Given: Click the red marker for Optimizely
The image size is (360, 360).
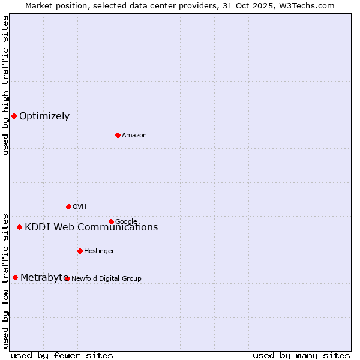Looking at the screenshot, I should click(14, 116).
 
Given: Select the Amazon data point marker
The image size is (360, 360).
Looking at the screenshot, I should click(118, 135).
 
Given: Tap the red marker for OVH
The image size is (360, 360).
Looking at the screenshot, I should click(68, 206).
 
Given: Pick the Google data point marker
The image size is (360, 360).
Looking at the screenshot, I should click(111, 221).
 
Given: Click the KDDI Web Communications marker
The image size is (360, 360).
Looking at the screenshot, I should click(19, 227).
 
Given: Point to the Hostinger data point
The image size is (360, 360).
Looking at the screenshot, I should click(80, 251).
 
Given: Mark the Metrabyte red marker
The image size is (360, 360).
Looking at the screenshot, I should click(15, 277).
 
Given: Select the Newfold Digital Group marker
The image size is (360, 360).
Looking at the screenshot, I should click(67, 278).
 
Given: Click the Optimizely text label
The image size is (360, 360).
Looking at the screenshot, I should click(44, 116).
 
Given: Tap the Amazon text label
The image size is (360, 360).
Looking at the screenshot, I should click(134, 135).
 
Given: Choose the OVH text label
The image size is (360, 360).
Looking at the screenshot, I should click(79, 206).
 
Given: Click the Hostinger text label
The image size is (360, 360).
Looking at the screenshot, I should click(99, 251).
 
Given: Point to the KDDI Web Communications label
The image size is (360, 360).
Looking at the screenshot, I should click(91, 227).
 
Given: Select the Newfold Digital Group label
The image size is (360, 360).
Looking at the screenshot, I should click(106, 278).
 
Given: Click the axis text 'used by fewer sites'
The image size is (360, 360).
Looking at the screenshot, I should click(61, 355).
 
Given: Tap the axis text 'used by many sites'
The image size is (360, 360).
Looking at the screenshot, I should click(301, 355).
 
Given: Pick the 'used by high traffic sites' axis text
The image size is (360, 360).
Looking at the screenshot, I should click(5, 85).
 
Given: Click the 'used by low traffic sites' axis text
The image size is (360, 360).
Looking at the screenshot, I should click(5, 280).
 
